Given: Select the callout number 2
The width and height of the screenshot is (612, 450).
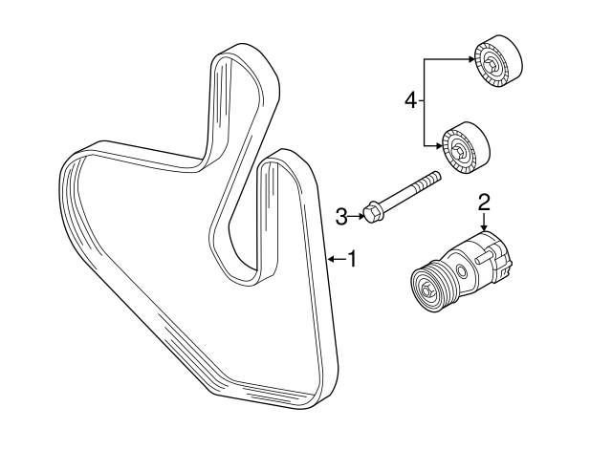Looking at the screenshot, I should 485,201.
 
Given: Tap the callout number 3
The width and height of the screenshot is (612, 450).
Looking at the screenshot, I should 341,218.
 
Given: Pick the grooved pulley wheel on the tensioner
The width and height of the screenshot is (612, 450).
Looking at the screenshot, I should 431,285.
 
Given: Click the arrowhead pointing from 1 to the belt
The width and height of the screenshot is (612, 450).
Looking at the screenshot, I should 331,258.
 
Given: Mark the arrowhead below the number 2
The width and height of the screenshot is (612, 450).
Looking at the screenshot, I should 485,226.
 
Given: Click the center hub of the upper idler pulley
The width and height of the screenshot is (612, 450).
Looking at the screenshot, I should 491,65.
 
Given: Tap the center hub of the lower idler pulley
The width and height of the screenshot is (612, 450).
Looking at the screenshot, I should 460,149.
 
